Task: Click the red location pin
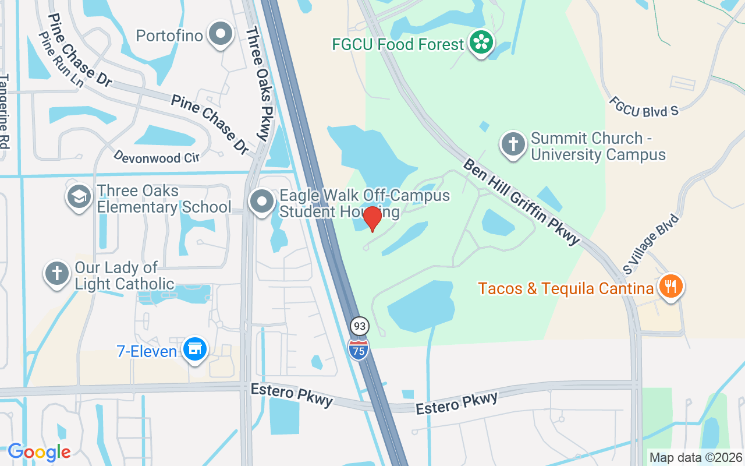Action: pos(372,219)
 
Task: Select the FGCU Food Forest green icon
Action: pos(481,43)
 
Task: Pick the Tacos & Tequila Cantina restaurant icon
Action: pos(671,286)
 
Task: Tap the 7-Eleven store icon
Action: pos(194,349)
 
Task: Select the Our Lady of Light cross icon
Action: pos(57,274)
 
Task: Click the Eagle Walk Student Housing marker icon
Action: pos(262,202)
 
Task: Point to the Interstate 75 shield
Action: pos(359,348)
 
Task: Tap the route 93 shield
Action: pos(359,326)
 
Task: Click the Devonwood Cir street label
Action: pos(157,156)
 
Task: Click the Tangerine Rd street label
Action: pos(5,111)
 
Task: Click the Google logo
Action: pos(39,452)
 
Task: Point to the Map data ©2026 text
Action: pos(696,457)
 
